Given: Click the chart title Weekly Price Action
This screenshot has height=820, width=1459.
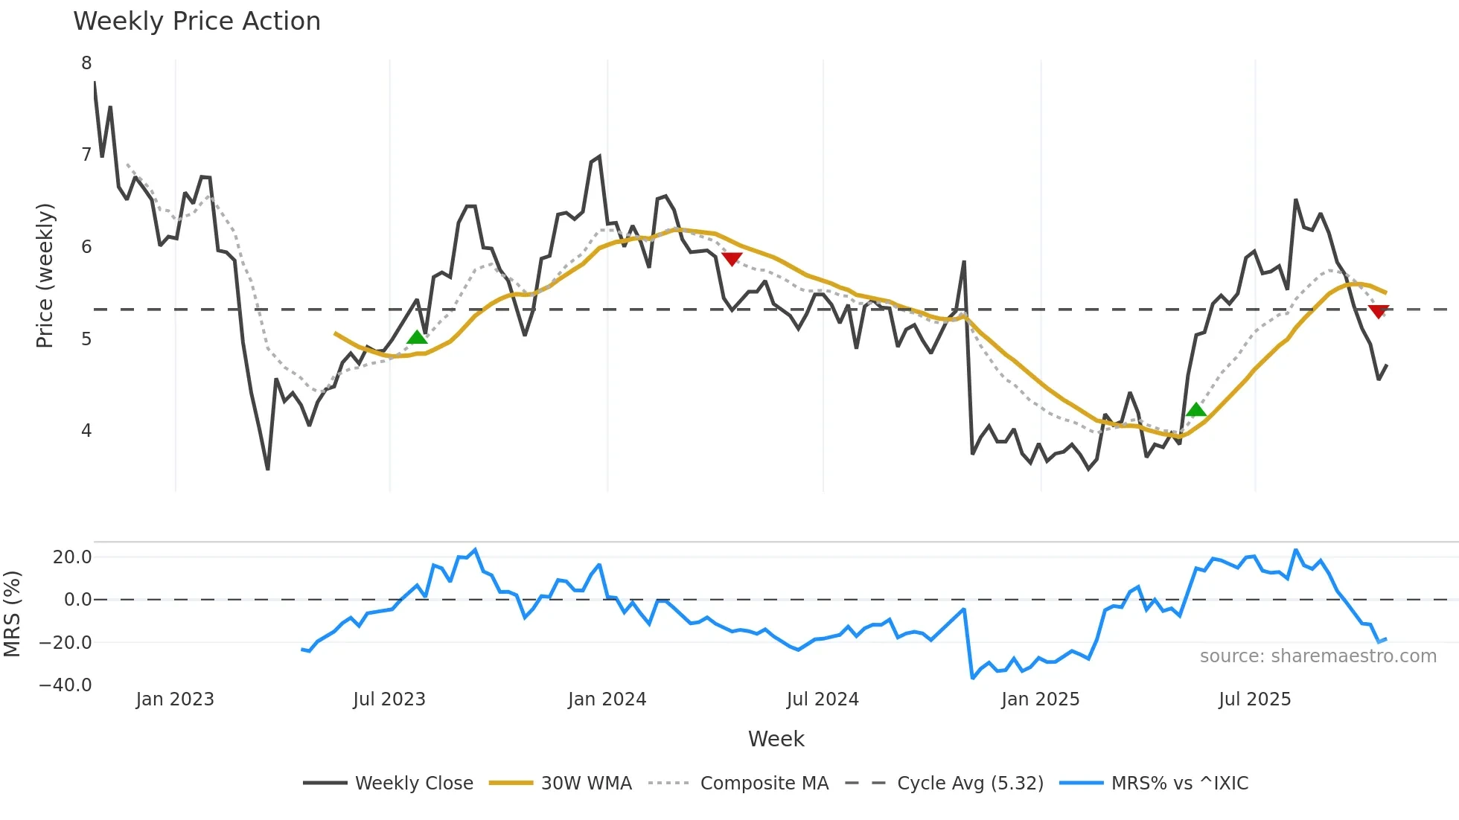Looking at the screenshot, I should tap(197, 21).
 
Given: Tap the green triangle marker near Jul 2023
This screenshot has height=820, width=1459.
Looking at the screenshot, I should tap(417, 338).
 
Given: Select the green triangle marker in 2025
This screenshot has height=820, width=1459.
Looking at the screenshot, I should tap(1195, 410).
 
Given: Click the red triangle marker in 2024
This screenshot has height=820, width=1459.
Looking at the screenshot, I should tap(732, 258).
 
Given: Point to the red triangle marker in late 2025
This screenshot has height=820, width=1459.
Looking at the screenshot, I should tap(1378, 311).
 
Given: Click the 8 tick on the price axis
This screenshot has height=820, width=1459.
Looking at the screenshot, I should tap(86, 63).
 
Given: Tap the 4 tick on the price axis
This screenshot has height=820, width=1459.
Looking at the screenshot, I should tap(86, 431).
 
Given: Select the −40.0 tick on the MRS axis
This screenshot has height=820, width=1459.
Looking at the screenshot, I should tap(66, 685).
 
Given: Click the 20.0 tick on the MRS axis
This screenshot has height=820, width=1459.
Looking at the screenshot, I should tap(72, 557).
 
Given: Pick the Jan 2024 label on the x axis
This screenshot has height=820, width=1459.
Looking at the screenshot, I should tap(607, 699).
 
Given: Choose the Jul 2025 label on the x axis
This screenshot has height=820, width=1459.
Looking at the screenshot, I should tap(1254, 699).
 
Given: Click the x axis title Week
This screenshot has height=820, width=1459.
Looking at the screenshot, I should tap(776, 739).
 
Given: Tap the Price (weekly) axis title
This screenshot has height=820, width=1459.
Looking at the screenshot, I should tap(45, 275).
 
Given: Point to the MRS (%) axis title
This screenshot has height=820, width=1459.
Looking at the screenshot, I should tap(12, 614).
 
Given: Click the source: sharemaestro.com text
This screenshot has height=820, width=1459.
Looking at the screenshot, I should tap(1318, 656).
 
